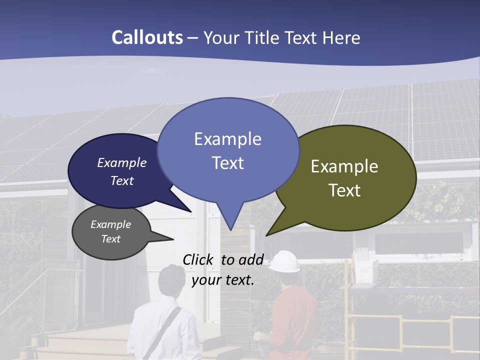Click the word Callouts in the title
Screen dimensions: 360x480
pyautogui.click(x=147, y=37)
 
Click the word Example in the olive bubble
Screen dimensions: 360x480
pyautogui.click(x=344, y=166)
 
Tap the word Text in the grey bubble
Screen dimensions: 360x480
pyautogui.click(x=111, y=239)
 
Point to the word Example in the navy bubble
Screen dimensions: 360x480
pyautogui.click(x=121, y=163)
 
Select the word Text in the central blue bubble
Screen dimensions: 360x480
pyautogui.click(x=228, y=163)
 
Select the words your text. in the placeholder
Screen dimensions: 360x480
pyautogui.click(x=223, y=280)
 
